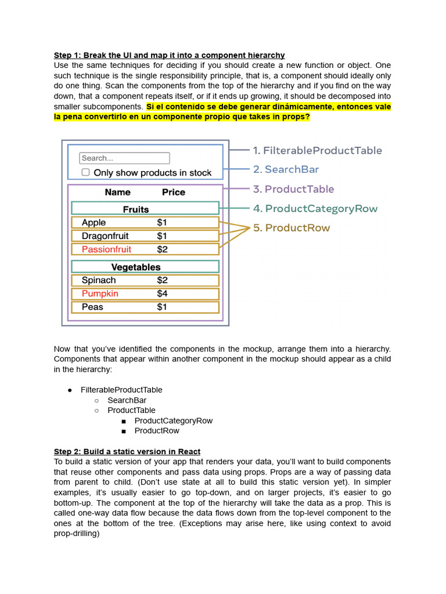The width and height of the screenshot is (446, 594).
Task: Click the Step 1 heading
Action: [169, 55]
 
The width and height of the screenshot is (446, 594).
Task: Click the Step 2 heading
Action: [127, 451]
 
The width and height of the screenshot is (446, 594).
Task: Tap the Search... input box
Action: [124, 158]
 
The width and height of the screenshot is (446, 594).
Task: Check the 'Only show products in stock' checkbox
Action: [85, 172]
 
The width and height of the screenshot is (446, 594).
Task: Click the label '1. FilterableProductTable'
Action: [316, 150]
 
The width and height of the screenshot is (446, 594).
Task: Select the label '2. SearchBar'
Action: [286, 169]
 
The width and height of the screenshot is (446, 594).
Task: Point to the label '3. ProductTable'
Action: [293, 189]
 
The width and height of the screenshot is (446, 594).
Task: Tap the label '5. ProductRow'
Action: [291, 227]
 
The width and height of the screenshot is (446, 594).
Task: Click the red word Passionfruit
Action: [106, 249]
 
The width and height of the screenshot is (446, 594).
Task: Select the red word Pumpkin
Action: [100, 294]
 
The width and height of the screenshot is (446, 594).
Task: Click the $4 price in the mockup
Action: [162, 294]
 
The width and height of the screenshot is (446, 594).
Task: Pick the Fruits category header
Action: [136, 209]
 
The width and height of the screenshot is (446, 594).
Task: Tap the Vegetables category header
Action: [136, 267]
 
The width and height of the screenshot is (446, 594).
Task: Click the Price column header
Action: [174, 192]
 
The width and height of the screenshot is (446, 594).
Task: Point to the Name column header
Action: [117, 192]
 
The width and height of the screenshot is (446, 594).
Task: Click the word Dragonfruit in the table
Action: [105, 236]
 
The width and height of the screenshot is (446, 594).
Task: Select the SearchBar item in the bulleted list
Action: [127, 400]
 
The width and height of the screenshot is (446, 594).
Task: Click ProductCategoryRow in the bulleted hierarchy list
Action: [173, 421]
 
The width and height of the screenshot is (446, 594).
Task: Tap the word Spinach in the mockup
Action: [99, 280]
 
